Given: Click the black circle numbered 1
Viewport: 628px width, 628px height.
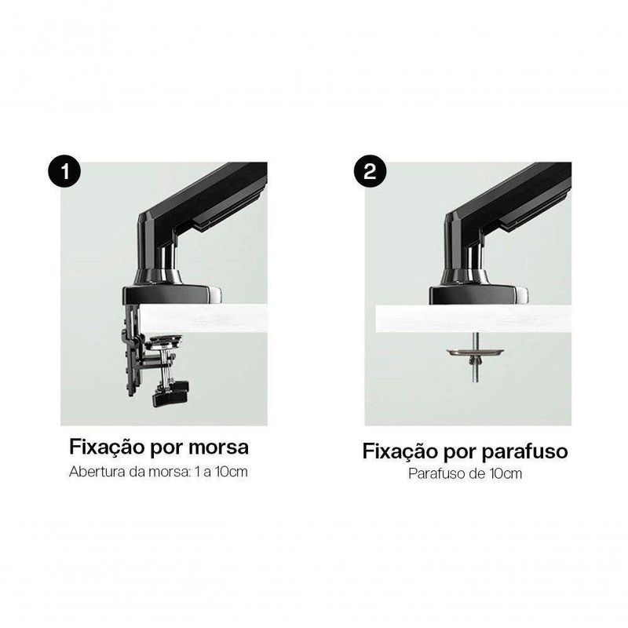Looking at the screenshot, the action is (64, 171).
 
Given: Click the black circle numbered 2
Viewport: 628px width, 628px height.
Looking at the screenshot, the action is (370, 171).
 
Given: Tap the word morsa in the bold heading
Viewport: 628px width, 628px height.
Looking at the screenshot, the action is (218, 447).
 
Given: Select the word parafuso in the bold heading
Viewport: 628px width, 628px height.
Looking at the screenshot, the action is (524, 452).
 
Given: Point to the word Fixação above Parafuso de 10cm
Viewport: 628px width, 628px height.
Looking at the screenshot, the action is (400, 452).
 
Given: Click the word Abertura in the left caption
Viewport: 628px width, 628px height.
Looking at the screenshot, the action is (97, 472).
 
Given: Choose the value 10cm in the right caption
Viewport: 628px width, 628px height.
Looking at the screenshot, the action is (506, 474).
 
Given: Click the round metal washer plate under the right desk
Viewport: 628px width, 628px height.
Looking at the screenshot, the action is (475, 352).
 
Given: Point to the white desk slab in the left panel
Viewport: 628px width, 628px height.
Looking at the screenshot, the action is (203, 319).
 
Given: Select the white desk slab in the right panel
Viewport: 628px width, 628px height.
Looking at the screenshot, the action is (473, 319).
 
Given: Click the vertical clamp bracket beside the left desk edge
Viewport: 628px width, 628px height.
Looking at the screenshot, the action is (133, 349).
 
